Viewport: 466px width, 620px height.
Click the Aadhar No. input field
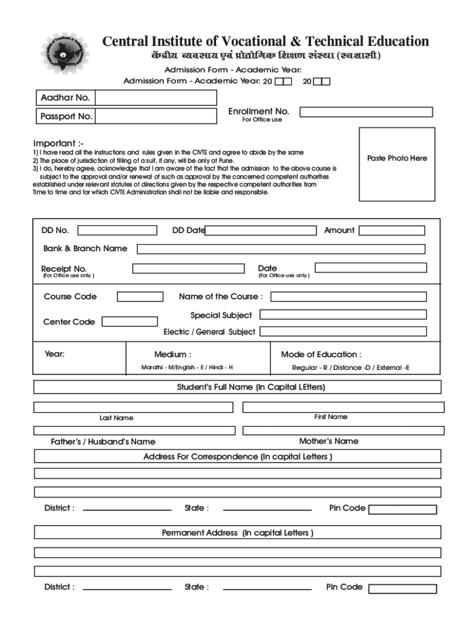[x=156, y=97]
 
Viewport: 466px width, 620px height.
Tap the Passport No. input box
[x=156, y=116]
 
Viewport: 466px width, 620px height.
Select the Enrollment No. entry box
[x=366, y=112]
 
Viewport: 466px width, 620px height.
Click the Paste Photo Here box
[x=397, y=164]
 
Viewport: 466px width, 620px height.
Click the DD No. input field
[x=117, y=230]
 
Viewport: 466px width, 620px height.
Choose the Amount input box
[x=392, y=231]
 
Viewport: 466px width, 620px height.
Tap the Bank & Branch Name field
[x=281, y=249]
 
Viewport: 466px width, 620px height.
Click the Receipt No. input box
[x=188, y=268]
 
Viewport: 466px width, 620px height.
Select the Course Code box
[x=140, y=297]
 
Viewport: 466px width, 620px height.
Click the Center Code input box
[x=130, y=322]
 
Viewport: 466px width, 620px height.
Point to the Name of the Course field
[x=348, y=297]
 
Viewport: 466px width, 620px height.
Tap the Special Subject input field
[x=343, y=315]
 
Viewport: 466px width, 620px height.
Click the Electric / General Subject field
[x=343, y=332]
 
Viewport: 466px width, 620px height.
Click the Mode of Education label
[x=321, y=354]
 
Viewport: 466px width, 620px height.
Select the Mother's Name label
[x=329, y=441]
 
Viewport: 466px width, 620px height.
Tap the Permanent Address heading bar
[x=237, y=533]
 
